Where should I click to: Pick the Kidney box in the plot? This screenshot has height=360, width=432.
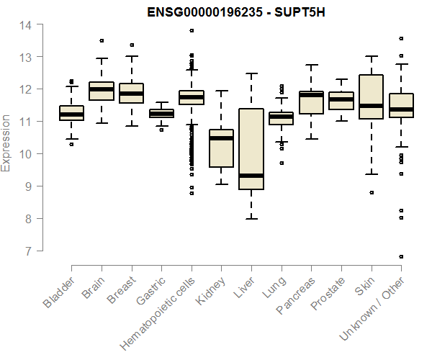221,148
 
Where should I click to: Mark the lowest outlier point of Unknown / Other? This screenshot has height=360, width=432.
401,256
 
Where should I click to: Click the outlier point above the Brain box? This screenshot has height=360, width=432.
102,40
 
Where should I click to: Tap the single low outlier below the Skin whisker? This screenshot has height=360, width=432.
371,192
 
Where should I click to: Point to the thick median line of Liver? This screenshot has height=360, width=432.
251,176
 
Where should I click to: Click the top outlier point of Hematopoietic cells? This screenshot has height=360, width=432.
192,30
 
